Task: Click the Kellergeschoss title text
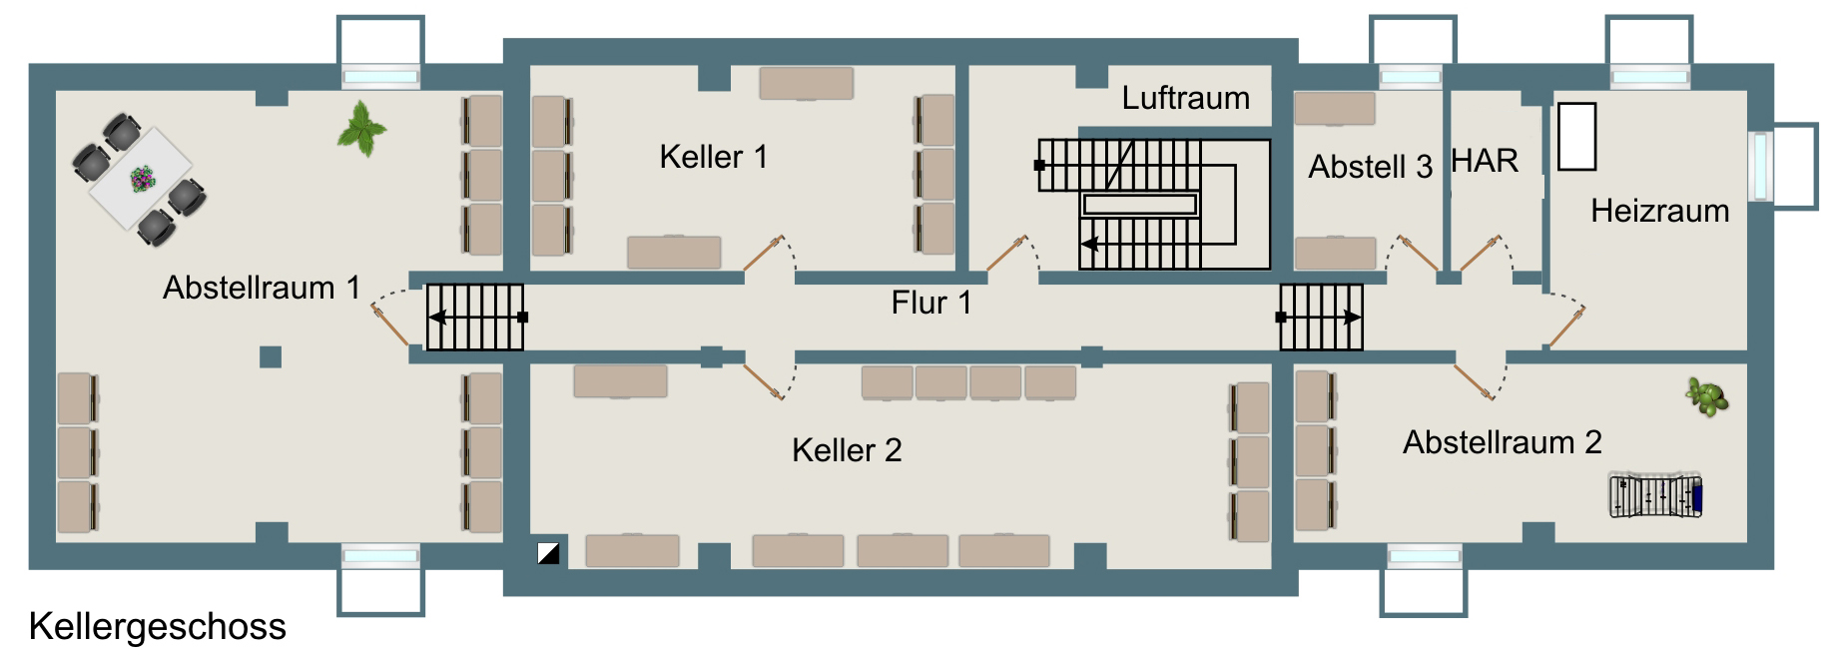157,627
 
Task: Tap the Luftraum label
1185,98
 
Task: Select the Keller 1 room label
713,157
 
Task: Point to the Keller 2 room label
847,450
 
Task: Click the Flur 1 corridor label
930,303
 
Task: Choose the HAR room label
1485,161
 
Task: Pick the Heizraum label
1659,211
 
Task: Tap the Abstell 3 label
1370,167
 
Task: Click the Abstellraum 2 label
1502,442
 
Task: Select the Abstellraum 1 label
262,288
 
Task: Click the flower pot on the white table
143,179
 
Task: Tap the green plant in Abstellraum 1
361,129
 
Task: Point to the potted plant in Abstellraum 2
1707,396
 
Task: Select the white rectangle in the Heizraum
1576,137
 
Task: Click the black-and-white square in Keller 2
548,552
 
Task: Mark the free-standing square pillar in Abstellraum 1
271,356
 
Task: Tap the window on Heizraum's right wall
1760,166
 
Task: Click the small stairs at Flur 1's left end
475,318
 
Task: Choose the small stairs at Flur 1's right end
1321,318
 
